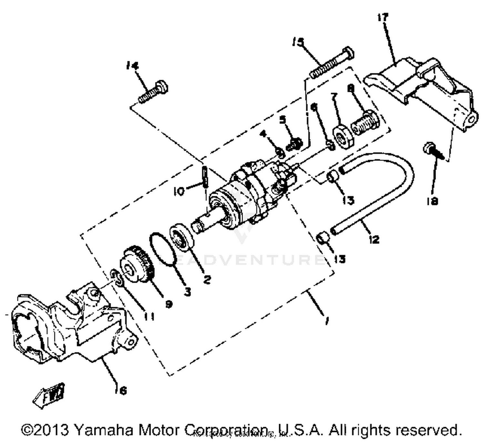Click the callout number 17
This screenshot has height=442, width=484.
383,17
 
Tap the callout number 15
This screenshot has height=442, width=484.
298,42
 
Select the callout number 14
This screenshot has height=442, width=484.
132,66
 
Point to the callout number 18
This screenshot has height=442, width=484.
432,201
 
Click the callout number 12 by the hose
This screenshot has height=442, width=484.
374,240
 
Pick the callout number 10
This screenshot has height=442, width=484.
178,191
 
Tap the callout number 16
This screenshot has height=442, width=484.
122,391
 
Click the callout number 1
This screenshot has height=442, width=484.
327,321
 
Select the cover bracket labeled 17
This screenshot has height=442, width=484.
426,87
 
